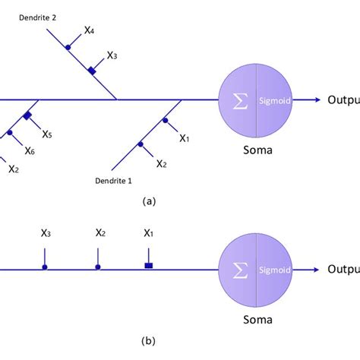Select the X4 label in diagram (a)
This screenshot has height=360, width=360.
pyautogui.click(x=89, y=32)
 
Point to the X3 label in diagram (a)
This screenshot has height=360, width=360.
pyautogui.click(x=112, y=55)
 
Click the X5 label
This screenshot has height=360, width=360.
pyautogui.click(x=47, y=134)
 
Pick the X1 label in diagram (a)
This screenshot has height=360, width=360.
pyautogui.click(x=184, y=137)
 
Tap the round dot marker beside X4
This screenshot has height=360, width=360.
pyautogui.click(x=68, y=47)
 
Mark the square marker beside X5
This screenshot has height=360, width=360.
pyautogui.click(x=27, y=115)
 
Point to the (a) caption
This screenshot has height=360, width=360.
pyautogui.click(x=149, y=201)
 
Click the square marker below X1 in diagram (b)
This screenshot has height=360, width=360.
pyautogui.click(x=149, y=266)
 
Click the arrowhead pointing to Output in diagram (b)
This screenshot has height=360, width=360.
pyautogui.click(x=314, y=269)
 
